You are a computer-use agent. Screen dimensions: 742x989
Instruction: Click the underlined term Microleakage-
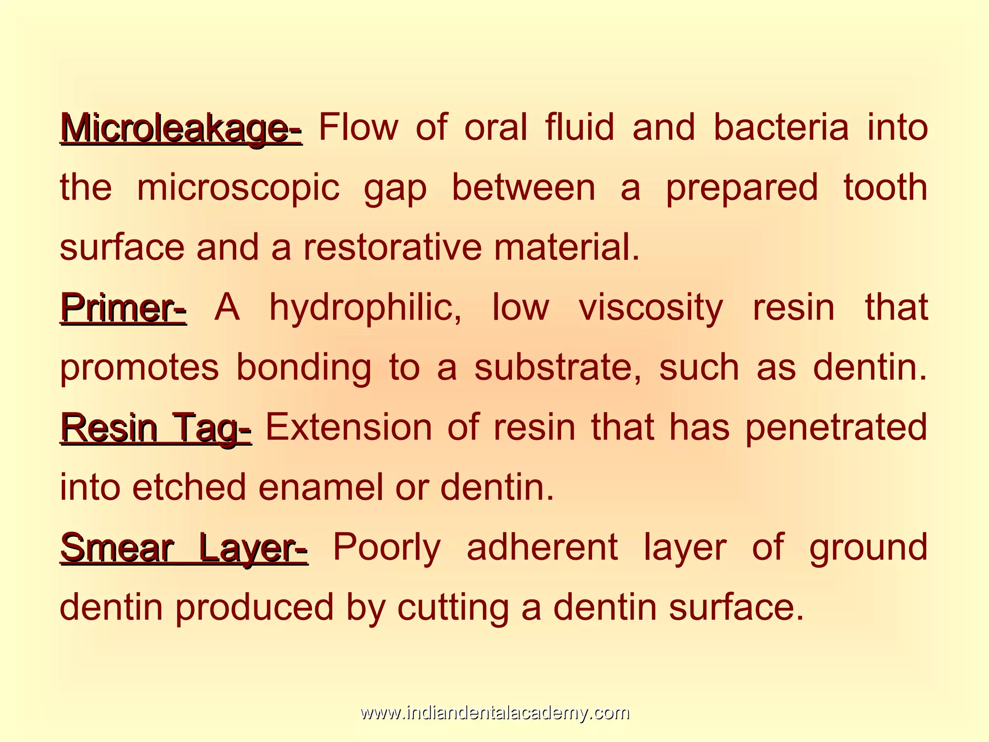point(182,128)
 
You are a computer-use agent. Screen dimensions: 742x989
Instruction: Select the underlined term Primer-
point(124,307)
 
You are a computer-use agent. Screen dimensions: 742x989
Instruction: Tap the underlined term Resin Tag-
point(156,428)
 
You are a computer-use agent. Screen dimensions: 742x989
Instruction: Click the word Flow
point(359,128)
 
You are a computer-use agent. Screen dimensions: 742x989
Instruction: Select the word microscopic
point(239,187)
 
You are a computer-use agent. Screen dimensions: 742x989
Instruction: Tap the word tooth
point(885,187)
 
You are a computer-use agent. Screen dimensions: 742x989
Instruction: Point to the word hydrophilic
point(365,307)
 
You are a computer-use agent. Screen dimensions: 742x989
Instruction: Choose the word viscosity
point(651,307)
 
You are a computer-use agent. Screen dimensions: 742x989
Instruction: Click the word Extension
point(349,428)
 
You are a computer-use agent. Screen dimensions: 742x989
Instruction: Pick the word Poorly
point(387,547)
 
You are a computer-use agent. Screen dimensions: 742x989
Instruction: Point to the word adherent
point(542,547)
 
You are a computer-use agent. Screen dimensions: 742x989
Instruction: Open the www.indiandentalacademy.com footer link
point(494,713)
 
